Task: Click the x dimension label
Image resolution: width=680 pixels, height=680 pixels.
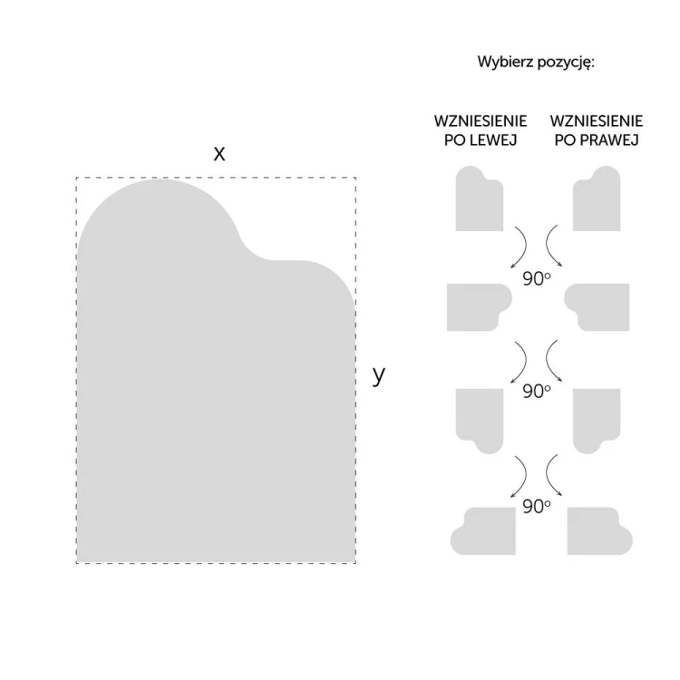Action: click(219, 154)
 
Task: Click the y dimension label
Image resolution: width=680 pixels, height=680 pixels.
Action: click(379, 375)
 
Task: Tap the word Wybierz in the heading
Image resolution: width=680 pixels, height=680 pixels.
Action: click(506, 62)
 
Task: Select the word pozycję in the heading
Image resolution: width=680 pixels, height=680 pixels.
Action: click(566, 63)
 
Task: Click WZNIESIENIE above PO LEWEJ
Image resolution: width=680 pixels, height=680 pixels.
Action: click(481, 121)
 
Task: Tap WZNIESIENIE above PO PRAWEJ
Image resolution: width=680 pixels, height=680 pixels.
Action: click(597, 121)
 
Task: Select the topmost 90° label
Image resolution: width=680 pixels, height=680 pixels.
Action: click(537, 279)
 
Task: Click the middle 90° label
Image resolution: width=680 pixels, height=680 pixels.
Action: click(537, 391)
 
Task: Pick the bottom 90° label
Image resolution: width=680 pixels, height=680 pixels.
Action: click(537, 506)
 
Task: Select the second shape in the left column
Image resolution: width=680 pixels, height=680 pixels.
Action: click(477, 308)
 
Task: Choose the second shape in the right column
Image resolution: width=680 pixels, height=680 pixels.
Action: click(598, 308)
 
